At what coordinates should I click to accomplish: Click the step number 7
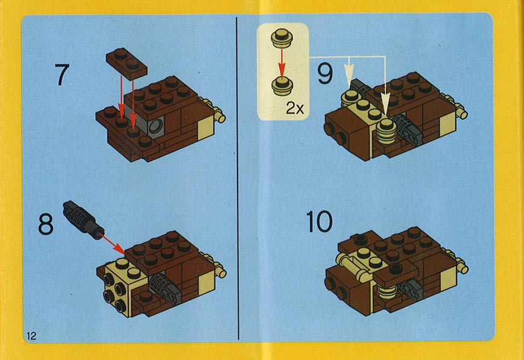pyautogui.click(x=62, y=75)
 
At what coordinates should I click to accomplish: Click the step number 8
pyautogui.click(x=45, y=224)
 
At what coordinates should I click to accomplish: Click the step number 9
pyautogui.click(x=325, y=74)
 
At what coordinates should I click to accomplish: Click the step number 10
pyautogui.click(x=319, y=221)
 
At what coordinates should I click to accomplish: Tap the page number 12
pyautogui.click(x=31, y=336)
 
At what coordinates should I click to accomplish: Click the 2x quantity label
pyautogui.click(x=295, y=109)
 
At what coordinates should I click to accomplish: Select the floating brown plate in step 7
pyautogui.click(x=127, y=63)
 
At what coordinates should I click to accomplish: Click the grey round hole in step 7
pyautogui.click(x=156, y=127)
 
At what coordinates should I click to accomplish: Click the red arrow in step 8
pyautogui.click(x=112, y=244)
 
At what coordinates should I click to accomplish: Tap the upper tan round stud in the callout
pyautogui.click(x=282, y=37)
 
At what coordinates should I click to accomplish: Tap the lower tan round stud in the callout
pyautogui.click(x=282, y=86)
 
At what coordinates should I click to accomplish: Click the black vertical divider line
pyautogui.click(x=238, y=178)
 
